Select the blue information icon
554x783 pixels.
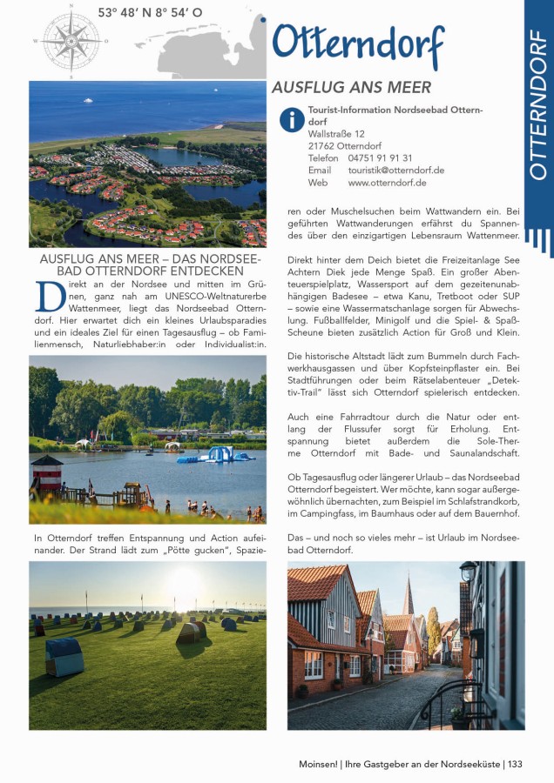coord(291,118)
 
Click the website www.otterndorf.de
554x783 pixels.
coord(387,183)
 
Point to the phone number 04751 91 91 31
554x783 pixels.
coord(380,158)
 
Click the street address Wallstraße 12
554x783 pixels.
coord(336,134)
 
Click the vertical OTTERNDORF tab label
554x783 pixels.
coord(538,104)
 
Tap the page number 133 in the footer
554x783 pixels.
coord(514,764)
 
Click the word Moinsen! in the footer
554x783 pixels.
coord(310,764)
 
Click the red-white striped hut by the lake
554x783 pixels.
coord(46,474)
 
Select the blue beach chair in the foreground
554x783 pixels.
coord(64,654)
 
